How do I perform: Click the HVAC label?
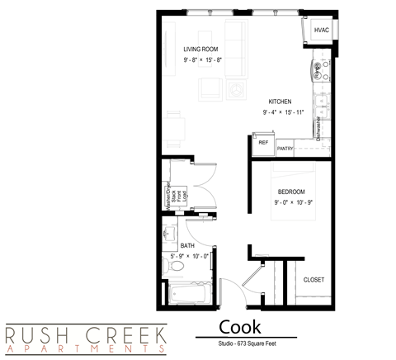322,31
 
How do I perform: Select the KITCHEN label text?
280,102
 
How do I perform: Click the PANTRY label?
286,149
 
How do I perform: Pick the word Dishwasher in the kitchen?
318,128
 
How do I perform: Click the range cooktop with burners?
319,70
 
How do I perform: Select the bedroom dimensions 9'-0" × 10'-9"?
292,202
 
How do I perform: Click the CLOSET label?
313,280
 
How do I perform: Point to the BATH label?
187,246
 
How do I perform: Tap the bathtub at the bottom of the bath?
189,293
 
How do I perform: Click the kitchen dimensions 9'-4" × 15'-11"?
284,111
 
